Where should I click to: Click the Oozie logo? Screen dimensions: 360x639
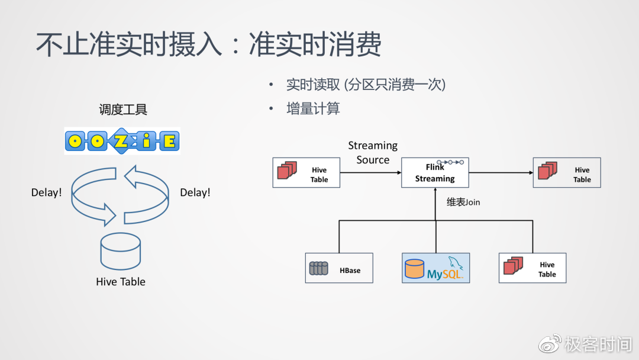pyautogui.click(x=122, y=142)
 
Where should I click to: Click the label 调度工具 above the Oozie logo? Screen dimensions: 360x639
pyautogui.click(x=122, y=110)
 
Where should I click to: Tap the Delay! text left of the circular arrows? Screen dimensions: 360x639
pyautogui.click(x=46, y=192)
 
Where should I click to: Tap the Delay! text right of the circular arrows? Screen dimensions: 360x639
pyautogui.click(x=195, y=192)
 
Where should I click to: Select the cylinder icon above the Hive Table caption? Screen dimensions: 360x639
pyautogui.click(x=121, y=251)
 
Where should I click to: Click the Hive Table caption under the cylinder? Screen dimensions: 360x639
pyautogui.click(x=121, y=282)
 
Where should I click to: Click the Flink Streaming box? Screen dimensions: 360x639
pyautogui.click(x=435, y=172)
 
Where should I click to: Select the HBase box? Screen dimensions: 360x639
pyautogui.click(x=339, y=268)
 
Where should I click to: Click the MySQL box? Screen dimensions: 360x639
pyautogui.click(x=435, y=268)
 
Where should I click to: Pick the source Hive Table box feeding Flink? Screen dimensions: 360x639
pyautogui.click(x=306, y=172)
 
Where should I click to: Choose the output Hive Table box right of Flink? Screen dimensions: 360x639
pyautogui.click(x=567, y=172)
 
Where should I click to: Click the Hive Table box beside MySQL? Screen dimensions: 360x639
pyautogui.click(x=532, y=268)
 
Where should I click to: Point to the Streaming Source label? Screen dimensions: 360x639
pyautogui.click(x=373, y=153)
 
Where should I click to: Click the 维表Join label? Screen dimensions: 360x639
pyautogui.click(x=463, y=202)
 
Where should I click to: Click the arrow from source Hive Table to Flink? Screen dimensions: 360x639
pyautogui.click(x=370, y=173)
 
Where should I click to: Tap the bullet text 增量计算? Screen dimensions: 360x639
pyautogui.click(x=313, y=109)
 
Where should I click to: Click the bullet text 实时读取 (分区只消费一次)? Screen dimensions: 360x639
pyautogui.click(x=365, y=85)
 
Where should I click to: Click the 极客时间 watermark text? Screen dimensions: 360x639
pyautogui.click(x=598, y=344)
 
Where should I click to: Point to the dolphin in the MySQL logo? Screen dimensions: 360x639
pyautogui.click(x=454, y=262)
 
